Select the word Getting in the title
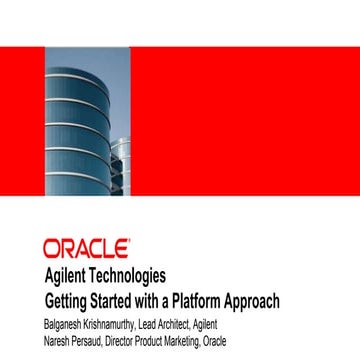pos(69,301)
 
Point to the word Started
pos(121,300)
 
